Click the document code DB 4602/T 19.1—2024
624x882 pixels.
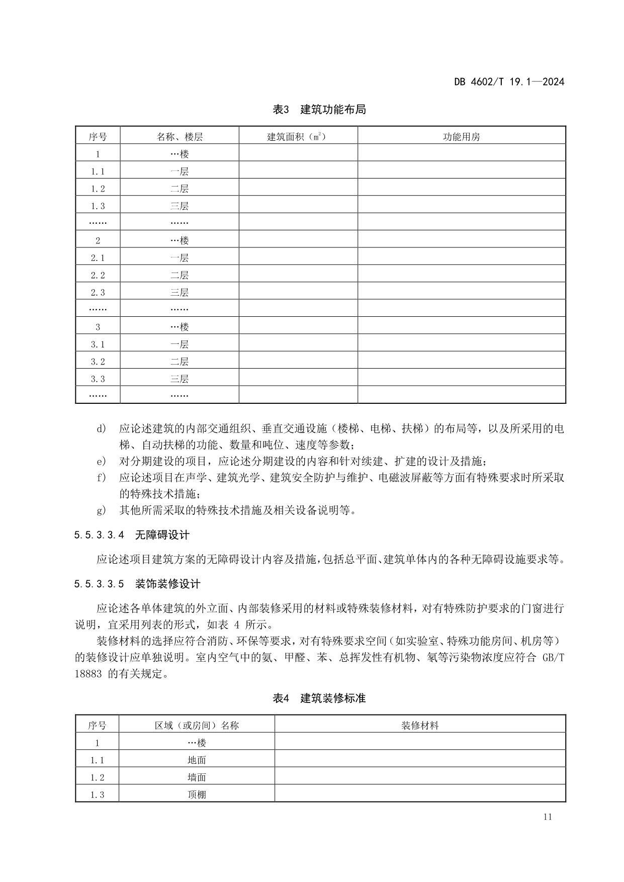(x=509, y=81)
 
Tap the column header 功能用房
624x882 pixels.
(x=461, y=136)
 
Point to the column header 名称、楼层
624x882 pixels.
(x=180, y=136)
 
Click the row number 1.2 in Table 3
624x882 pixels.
(x=98, y=189)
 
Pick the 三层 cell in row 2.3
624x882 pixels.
(x=180, y=292)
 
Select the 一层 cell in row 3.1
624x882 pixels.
(x=180, y=344)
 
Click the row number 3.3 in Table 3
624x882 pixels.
(x=98, y=379)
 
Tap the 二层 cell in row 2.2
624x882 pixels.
(x=180, y=275)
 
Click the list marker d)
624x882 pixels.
(x=101, y=428)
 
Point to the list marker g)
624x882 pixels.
(x=101, y=510)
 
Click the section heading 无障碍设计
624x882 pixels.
(x=162, y=535)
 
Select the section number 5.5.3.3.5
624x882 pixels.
(x=99, y=584)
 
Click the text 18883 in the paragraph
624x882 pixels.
(x=88, y=674)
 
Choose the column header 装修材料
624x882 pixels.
(x=420, y=725)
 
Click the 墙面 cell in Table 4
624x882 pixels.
(x=197, y=777)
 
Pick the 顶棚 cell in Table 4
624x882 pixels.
(x=197, y=795)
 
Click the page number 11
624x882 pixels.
(x=548, y=817)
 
